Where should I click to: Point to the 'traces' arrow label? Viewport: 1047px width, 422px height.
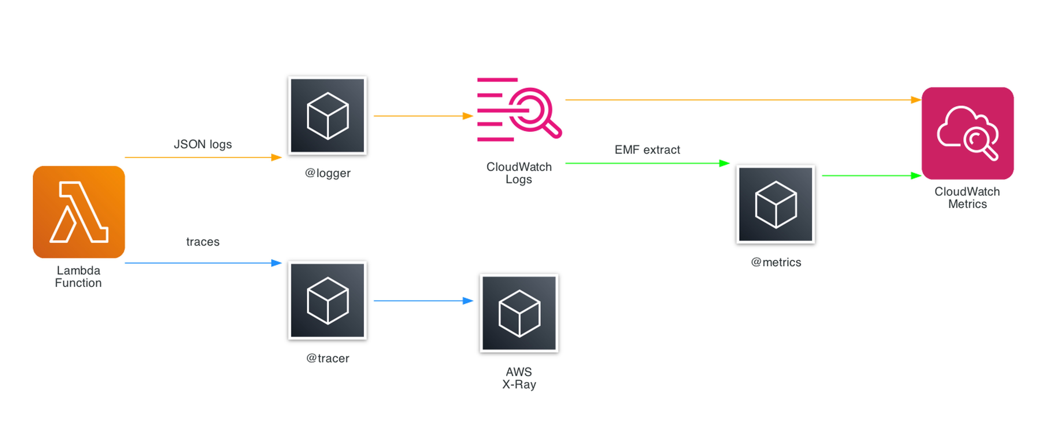coord(203,242)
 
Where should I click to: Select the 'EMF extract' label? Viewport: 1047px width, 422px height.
coord(647,150)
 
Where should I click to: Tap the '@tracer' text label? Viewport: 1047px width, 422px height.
coord(328,358)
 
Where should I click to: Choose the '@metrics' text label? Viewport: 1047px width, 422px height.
coord(775,262)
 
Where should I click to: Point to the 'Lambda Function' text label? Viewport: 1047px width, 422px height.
coord(78,277)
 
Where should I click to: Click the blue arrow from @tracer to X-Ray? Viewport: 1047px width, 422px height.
coord(423,301)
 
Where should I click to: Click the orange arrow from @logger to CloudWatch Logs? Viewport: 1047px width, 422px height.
coord(423,116)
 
